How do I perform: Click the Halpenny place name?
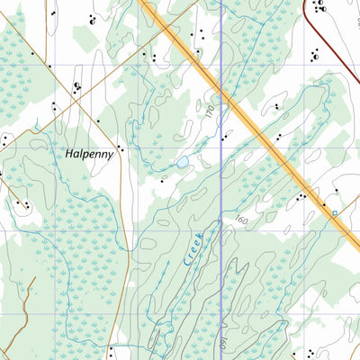pos(89,154)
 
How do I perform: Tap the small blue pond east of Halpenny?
pos(182,162)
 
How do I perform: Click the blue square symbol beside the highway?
pos(332,213)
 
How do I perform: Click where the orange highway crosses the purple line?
pos(221,89)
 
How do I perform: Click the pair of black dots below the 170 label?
pos(223,138)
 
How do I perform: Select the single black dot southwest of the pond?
pos(162,180)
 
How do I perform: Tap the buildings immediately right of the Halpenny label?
pos(121,149)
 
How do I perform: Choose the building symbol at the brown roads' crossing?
pos(77,86)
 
